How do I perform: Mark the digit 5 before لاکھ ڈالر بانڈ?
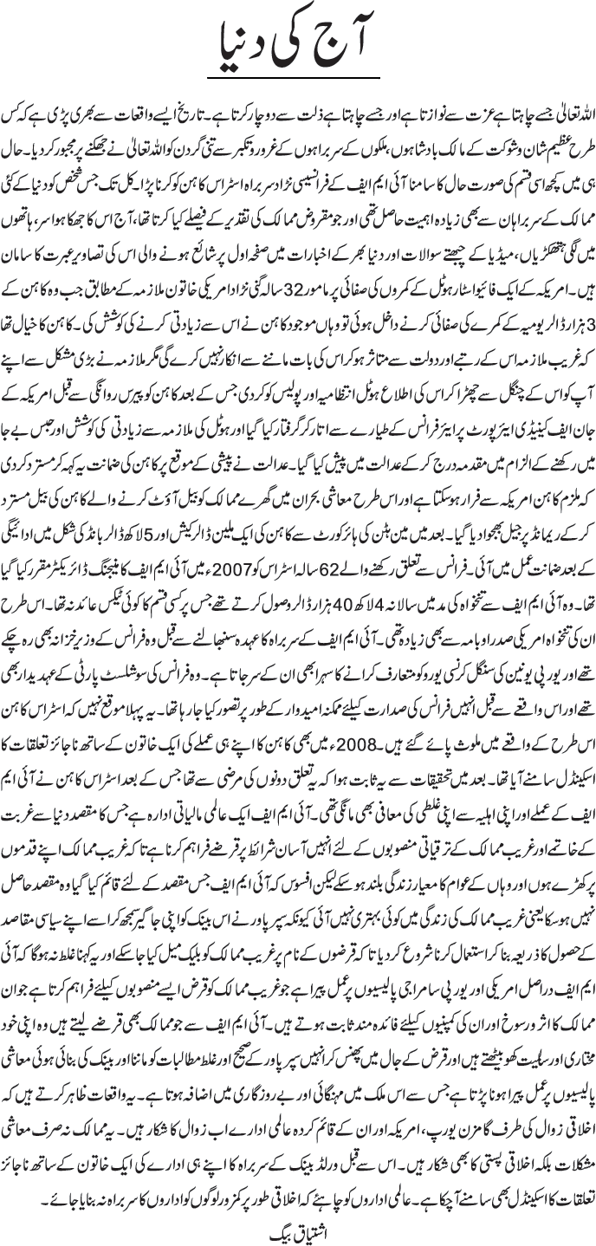click(x=139, y=574)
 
